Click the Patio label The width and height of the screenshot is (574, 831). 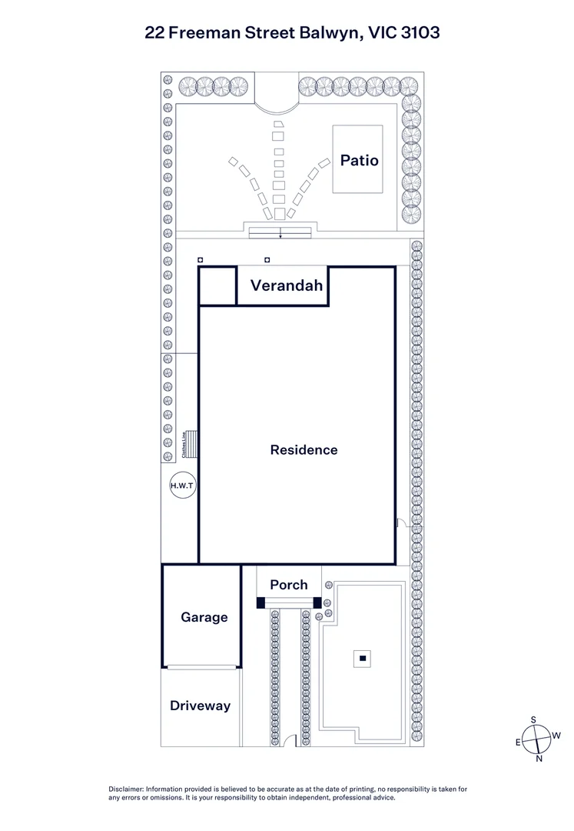[360, 160]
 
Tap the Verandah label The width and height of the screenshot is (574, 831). [286, 286]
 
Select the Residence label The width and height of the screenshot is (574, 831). [304, 449]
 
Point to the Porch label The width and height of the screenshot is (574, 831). [288, 585]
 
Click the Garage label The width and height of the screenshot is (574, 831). [204, 617]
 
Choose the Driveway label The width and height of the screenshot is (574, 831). [200, 706]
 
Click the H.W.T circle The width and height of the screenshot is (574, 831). [183, 486]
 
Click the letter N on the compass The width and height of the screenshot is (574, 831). [539, 759]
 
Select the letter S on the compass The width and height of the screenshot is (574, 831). [533, 719]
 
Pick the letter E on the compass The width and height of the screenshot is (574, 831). [518, 743]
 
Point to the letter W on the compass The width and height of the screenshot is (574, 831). [556, 736]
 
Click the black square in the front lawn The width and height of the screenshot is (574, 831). [362, 658]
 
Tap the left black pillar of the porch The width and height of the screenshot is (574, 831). [260, 602]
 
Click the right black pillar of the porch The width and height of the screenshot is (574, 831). [317, 602]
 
